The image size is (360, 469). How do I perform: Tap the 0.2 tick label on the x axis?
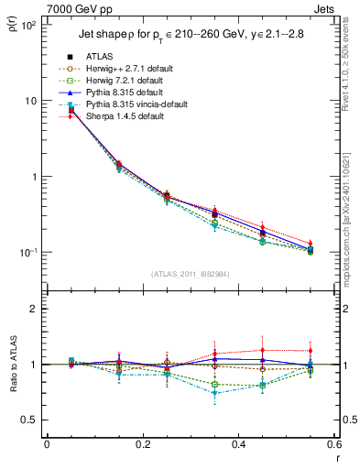(x=141, y=444)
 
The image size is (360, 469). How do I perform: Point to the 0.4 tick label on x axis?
(x=236, y=444)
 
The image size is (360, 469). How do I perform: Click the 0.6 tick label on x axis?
(x=332, y=444)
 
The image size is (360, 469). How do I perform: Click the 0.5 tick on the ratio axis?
(x=33, y=420)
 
